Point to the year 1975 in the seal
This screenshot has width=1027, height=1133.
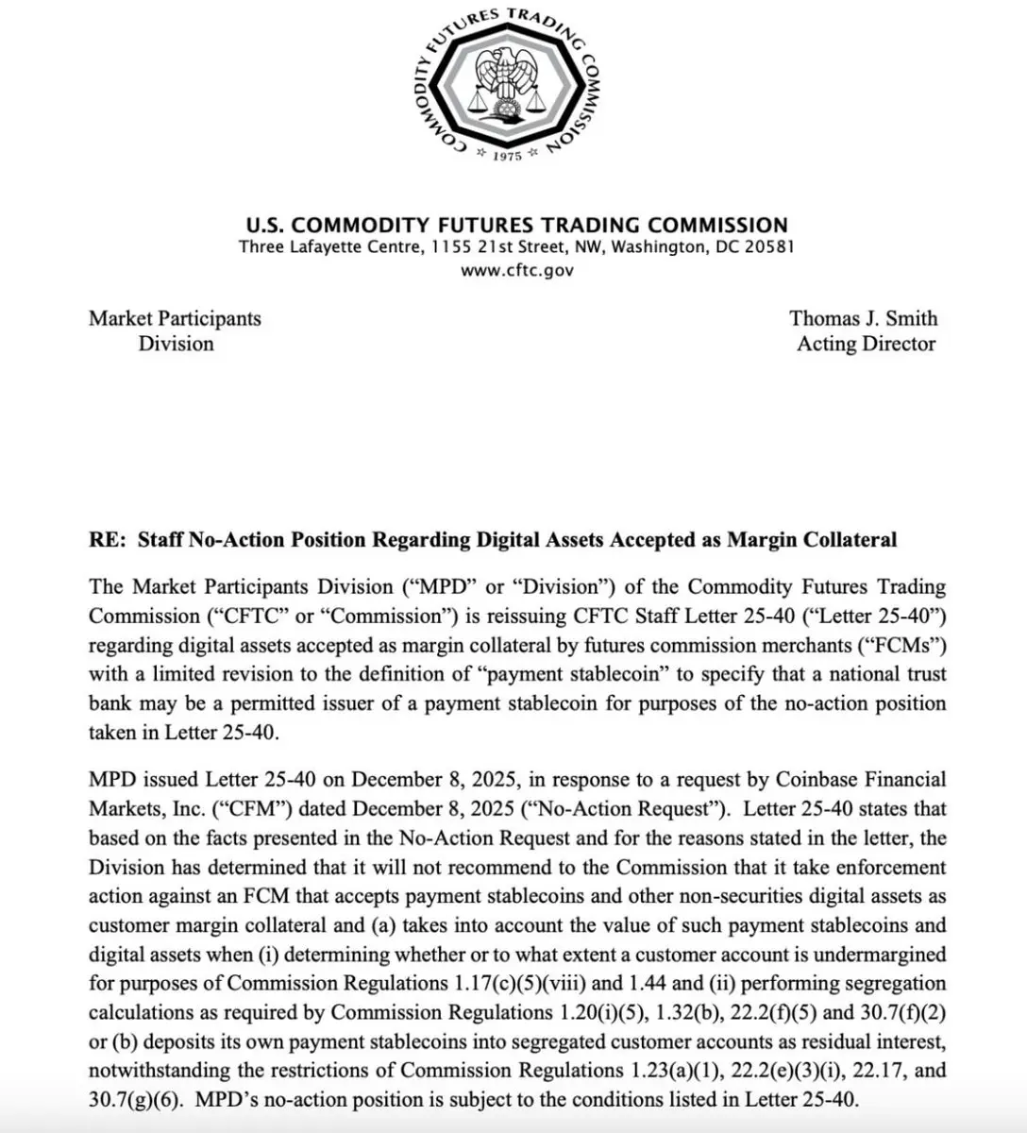(508, 156)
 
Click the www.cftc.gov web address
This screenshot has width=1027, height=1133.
(516, 270)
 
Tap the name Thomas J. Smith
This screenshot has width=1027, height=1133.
(864, 318)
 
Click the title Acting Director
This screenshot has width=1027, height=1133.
(866, 344)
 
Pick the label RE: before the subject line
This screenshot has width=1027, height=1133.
(109, 540)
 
